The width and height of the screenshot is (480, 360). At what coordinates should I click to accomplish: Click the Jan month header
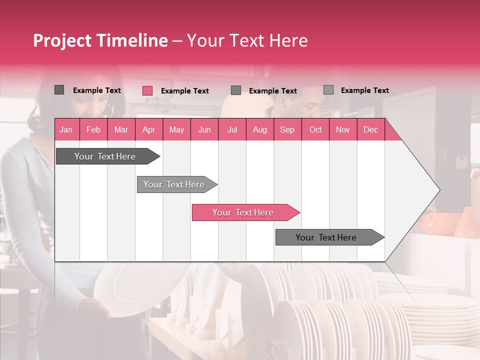coord(66,129)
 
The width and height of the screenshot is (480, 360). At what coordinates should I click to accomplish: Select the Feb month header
coord(93,129)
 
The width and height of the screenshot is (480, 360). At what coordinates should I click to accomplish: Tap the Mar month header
coord(121,129)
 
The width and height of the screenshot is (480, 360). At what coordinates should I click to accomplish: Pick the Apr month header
coord(149,129)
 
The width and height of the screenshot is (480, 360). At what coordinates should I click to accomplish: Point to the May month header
coord(176,129)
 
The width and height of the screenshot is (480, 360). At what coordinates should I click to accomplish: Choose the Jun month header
coord(204,129)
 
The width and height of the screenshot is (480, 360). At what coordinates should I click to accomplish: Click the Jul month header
coord(232,129)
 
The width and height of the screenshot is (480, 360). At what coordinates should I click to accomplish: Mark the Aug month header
coord(260,129)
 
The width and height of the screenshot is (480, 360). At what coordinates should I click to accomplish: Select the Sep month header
coord(287,129)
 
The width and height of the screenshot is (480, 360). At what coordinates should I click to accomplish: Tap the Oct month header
coord(315,129)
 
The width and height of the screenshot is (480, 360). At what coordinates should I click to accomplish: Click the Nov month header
coord(343,129)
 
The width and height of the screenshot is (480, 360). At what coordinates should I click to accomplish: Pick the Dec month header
coord(370,129)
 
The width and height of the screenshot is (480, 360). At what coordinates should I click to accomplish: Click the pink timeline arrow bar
coord(245,212)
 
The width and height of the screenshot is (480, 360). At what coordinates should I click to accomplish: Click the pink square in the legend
coord(147,90)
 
